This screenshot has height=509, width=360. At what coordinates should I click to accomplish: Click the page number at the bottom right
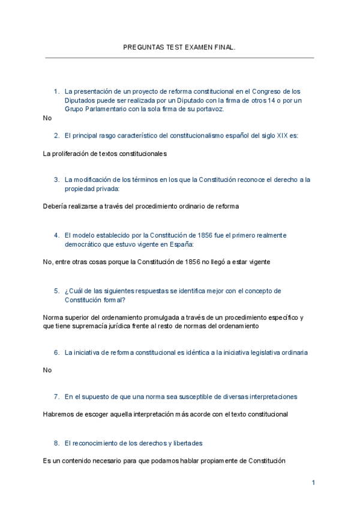tap(313, 483)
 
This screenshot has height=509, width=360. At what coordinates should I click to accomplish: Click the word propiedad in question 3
tap(81, 188)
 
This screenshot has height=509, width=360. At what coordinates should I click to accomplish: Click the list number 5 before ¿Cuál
tap(56, 291)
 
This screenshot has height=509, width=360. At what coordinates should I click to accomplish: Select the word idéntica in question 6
tap(191, 352)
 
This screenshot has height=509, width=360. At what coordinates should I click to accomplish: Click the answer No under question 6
tap(48, 370)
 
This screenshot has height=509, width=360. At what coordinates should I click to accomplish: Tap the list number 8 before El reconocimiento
tap(56, 443)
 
